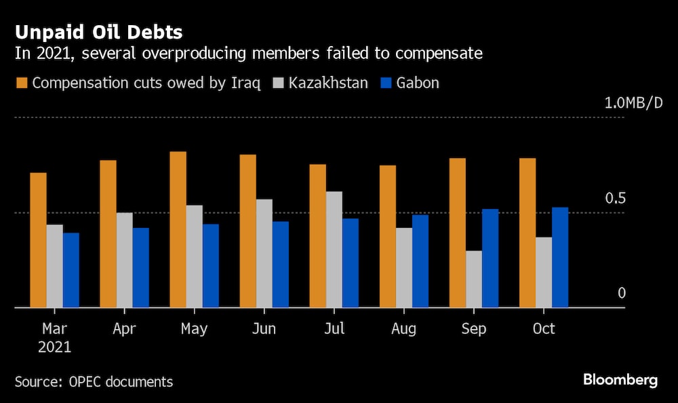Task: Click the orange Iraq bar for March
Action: pos(39,240)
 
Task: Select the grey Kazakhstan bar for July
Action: pos(334,250)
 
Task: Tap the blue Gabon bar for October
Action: pos(560,257)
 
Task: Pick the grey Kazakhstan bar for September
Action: pos(473,279)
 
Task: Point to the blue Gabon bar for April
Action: pos(141,267)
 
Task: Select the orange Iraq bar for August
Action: pos(388,236)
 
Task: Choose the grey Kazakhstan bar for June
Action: pos(264,253)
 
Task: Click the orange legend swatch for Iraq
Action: pos(21,83)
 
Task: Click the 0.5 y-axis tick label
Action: pos(614,198)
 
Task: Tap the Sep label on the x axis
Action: pos(473,328)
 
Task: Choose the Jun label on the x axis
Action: pos(264,328)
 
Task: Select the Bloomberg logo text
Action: pos(620,380)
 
